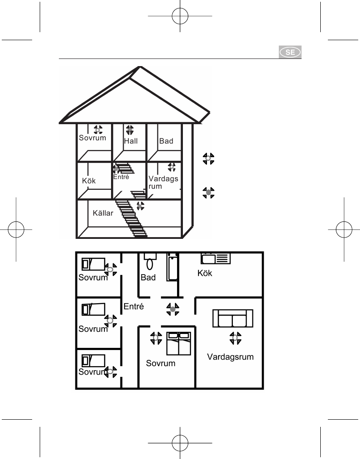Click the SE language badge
(290, 52)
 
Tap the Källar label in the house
(103, 213)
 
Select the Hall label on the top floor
(131, 141)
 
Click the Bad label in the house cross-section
(166, 141)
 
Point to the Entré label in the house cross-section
(121, 177)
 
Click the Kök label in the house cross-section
(89, 181)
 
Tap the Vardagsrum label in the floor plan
(230, 357)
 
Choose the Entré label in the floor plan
(134, 306)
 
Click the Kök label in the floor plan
(205, 273)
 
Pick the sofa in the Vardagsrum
(233, 318)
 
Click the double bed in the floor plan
(178, 343)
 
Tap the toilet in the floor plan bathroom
(150, 261)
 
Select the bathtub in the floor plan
(172, 267)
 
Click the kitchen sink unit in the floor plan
(215, 259)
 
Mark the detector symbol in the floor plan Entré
(173, 309)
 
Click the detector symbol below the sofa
(235, 338)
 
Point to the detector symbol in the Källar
(141, 206)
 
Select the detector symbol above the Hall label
(129, 129)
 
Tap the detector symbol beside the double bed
(156, 338)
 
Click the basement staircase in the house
(131, 218)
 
